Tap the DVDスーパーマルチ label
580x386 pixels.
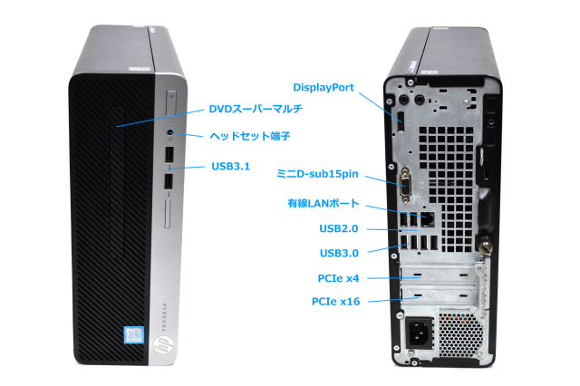(x=256, y=109)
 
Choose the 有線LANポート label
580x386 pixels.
(x=324, y=204)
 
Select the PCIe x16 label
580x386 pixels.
(x=336, y=301)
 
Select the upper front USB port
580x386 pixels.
(x=170, y=157)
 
